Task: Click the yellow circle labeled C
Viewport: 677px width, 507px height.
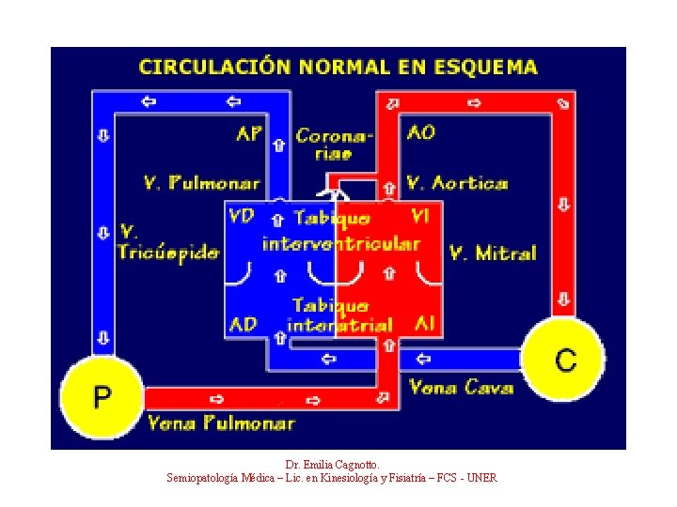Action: [x=564, y=361]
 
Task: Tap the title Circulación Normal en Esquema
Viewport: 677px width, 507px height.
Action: [x=338, y=68]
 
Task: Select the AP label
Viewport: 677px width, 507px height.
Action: [x=249, y=133]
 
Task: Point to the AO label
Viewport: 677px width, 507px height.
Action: [x=421, y=132]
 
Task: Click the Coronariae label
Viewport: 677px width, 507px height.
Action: [x=334, y=145]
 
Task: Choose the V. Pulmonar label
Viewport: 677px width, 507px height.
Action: [x=201, y=182]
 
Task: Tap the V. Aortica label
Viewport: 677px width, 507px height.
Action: [x=457, y=182]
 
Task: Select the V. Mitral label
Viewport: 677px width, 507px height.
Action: [x=492, y=253]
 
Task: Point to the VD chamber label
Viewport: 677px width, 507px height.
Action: [x=242, y=217]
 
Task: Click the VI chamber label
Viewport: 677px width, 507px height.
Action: [x=420, y=217]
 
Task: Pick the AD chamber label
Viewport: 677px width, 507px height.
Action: [x=243, y=325]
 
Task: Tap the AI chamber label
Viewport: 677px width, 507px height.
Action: [x=424, y=324]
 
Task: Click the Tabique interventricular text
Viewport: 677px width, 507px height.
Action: [x=340, y=231]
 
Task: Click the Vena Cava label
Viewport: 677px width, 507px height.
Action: [x=461, y=387]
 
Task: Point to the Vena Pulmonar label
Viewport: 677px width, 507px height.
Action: [x=221, y=423]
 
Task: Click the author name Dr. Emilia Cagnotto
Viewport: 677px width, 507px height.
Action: [x=332, y=464]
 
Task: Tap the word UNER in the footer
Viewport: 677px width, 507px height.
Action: [x=481, y=478]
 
